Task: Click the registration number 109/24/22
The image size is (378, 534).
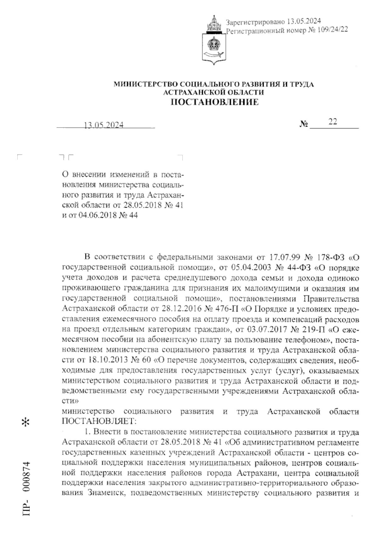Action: (332, 30)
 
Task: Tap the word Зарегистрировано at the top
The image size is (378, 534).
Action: (255, 21)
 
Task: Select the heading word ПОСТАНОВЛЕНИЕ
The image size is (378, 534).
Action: (214, 102)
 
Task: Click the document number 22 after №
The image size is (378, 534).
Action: (332, 122)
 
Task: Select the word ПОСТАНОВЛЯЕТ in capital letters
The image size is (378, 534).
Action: (99, 420)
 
